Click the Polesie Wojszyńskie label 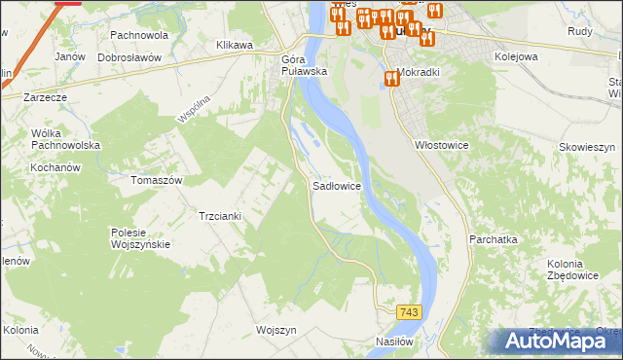141,238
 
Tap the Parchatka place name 493,238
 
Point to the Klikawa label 235,45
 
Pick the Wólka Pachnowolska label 66,139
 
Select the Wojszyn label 275,330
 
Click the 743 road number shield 410,311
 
